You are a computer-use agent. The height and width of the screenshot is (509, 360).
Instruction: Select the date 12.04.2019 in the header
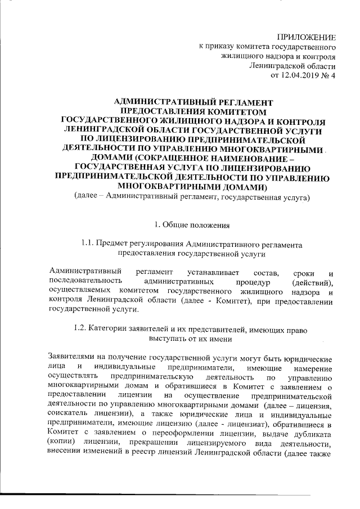[304, 75]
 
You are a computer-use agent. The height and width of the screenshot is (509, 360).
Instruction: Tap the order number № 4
[329, 75]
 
